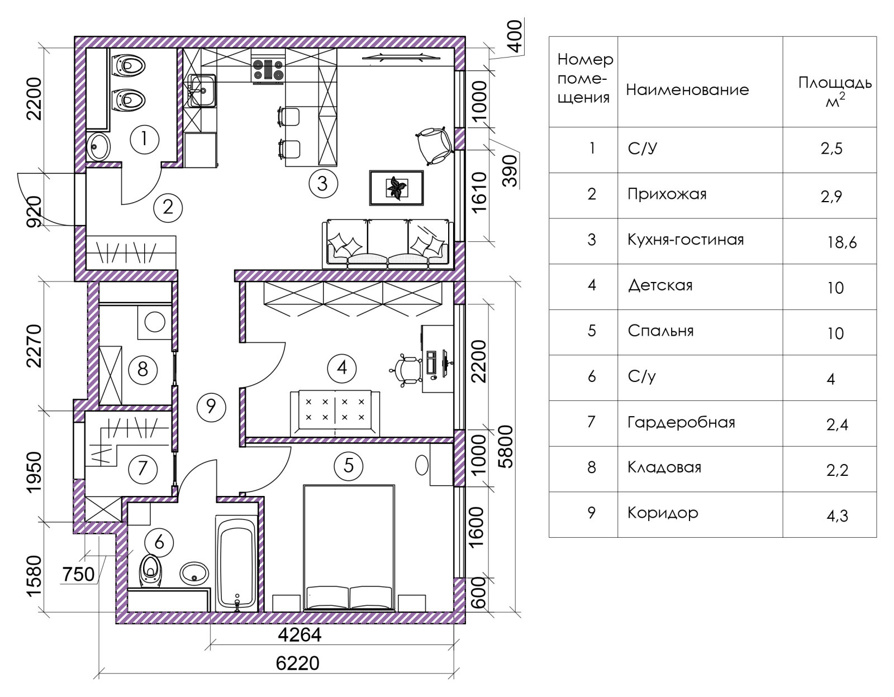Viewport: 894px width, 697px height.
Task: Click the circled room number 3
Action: pos(323,183)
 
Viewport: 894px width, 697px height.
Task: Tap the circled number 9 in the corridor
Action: pos(211,407)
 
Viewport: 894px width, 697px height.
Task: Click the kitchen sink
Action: pos(202,90)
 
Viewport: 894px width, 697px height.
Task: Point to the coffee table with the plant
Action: pos(397,188)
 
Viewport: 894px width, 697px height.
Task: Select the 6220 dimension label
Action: pos(297,663)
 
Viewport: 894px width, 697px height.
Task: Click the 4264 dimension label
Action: pos(299,635)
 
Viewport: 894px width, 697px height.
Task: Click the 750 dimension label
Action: pos(78,574)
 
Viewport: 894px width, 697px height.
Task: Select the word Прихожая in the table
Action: pos(667,194)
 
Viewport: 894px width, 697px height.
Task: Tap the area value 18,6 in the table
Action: pos(841,242)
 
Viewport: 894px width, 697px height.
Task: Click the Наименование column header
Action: pos(687,90)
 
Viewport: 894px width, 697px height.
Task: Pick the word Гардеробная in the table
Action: pos(681,423)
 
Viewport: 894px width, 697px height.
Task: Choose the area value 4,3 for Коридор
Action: pos(837,515)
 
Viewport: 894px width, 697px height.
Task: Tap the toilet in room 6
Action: pos(150,571)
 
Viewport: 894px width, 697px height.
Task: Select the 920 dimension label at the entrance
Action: pos(34,211)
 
